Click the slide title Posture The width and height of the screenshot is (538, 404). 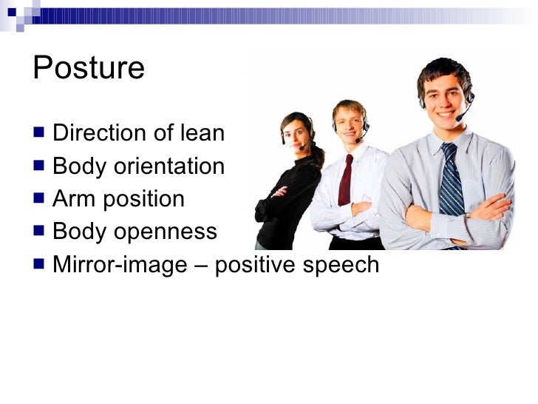pos(89,68)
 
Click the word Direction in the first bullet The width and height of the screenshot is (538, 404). pos(99,133)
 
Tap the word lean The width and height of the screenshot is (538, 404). pos(202,133)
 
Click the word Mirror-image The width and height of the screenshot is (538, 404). pos(120,265)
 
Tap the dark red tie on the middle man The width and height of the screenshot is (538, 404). pos(345,181)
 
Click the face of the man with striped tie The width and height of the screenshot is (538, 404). pos(445,92)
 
